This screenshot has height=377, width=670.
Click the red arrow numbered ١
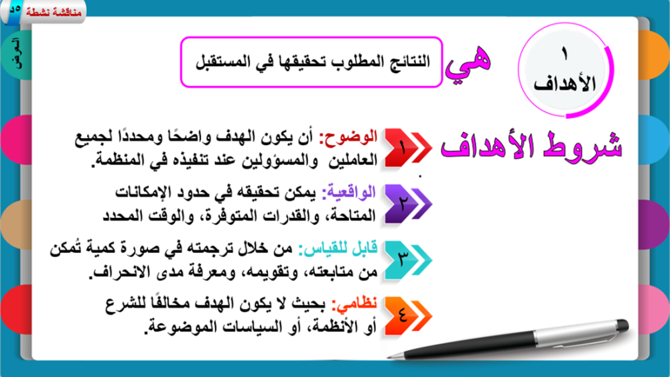(408, 148)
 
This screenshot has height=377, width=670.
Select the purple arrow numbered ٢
(408, 204)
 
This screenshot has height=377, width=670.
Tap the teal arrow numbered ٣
(408, 260)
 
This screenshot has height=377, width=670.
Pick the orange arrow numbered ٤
(408, 316)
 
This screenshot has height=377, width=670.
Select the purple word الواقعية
(348, 193)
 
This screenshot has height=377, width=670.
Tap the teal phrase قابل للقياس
(338, 249)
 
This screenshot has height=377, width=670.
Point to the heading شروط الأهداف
(531, 147)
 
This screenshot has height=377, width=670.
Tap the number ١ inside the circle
(564, 54)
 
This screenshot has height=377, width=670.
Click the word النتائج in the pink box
(409, 62)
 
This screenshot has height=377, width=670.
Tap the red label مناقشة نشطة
(54, 12)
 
